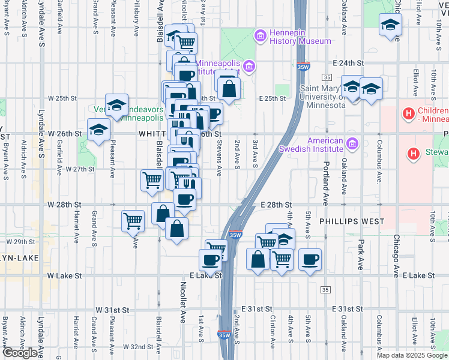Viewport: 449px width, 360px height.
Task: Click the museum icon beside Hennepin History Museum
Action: coord(261,36)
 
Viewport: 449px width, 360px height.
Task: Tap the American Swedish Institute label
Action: coord(310,145)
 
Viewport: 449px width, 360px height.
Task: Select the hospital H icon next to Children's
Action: coord(409,113)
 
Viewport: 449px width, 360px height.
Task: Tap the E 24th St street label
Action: coord(349,62)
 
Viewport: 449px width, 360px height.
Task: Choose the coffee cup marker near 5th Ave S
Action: coord(310,260)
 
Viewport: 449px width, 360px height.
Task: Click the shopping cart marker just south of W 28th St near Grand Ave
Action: coord(133,220)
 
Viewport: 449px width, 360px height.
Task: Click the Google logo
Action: coord(20,353)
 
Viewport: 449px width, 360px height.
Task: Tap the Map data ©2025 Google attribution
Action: coord(412,355)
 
